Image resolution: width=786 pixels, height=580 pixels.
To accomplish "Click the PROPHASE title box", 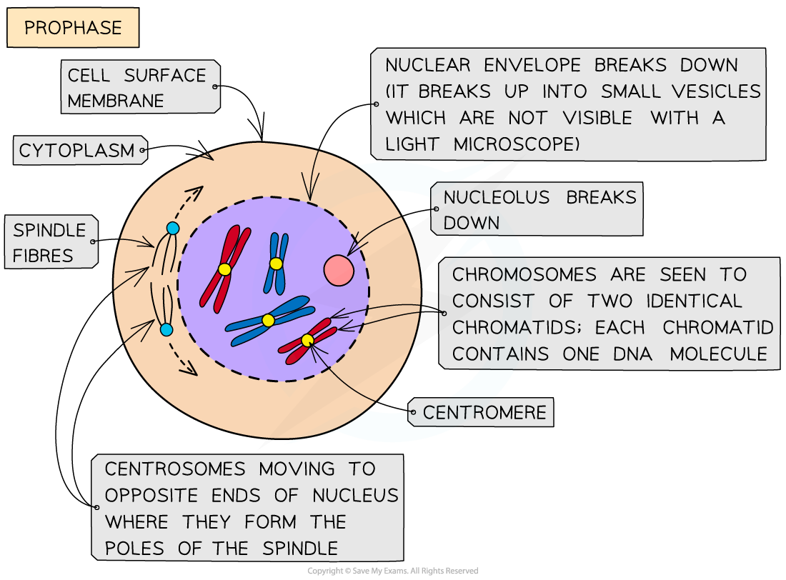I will (x=72, y=29).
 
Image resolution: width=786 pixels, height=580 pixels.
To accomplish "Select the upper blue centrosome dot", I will (x=172, y=228).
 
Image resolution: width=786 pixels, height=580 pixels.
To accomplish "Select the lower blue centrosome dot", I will (x=166, y=329).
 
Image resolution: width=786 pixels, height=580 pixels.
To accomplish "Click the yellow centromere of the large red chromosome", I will (x=224, y=269).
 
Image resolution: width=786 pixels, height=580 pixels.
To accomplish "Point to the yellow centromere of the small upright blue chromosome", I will (x=276, y=264).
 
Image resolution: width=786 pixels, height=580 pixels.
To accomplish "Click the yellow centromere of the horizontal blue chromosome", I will (x=268, y=321).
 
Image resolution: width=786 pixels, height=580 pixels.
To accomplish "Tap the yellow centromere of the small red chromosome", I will (x=307, y=341).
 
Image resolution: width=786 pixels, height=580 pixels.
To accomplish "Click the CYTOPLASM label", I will (x=76, y=151).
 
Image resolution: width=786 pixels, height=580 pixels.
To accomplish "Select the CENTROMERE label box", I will (x=484, y=413).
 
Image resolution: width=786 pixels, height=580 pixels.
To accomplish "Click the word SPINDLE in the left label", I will (x=49, y=230).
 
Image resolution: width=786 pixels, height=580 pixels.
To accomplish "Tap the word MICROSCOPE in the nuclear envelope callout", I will (x=514, y=144).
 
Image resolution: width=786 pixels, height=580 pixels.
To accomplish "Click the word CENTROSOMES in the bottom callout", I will (x=174, y=469).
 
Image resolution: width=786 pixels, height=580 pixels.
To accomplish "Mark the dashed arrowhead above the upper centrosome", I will (x=196, y=191).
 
